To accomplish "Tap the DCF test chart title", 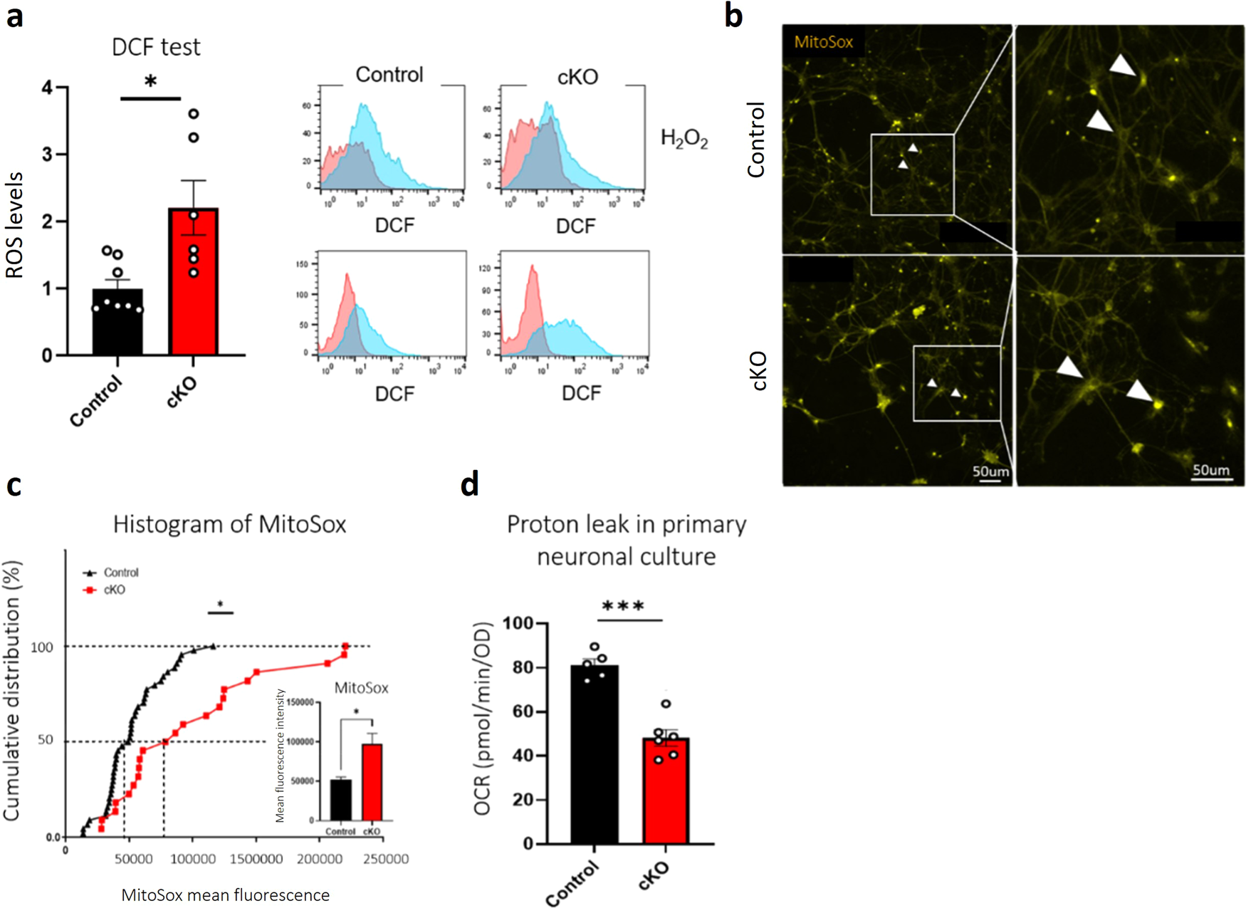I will [156, 47].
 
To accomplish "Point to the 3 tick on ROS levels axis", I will [48, 155].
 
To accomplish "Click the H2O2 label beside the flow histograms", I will [684, 138].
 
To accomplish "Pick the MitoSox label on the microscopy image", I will [823, 42].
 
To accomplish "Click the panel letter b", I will [733, 16].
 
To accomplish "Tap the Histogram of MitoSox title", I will [229, 524].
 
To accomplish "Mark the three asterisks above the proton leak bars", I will [623, 607].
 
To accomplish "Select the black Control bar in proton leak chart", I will [595, 754].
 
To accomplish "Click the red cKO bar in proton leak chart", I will [666, 790].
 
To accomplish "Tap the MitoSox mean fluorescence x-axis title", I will [225, 895].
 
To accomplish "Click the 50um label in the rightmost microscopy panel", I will [1210, 470].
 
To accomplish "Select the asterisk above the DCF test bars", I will [150, 82].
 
